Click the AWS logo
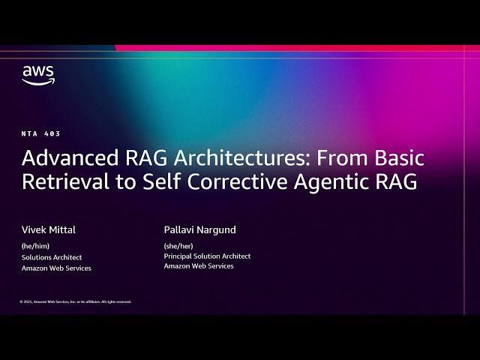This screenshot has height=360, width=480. (x=37, y=74)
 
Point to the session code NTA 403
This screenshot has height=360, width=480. (x=40, y=133)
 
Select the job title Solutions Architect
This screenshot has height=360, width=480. (x=51, y=256)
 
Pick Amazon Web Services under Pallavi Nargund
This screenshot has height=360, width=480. (x=199, y=266)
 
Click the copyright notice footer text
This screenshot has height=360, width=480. (x=76, y=301)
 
